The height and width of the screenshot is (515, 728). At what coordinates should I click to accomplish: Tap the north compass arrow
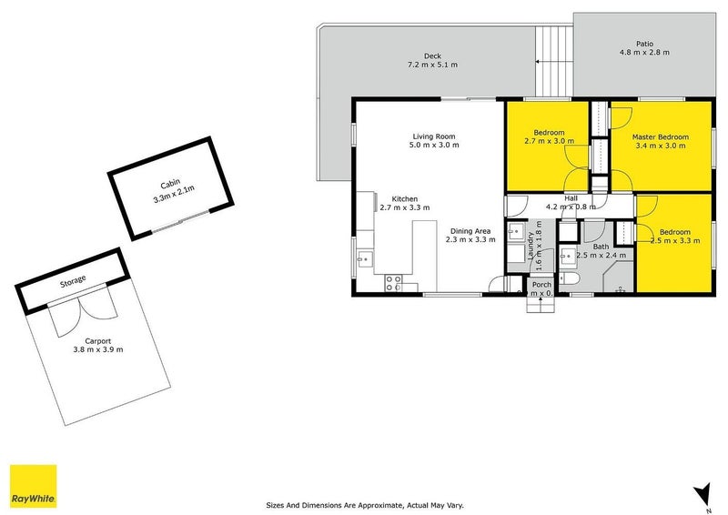[x=701, y=494]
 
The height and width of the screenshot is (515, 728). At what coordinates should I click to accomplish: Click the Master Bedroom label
[x=660, y=137]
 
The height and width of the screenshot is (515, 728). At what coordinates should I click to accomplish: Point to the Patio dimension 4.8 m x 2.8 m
[x=644, y=53]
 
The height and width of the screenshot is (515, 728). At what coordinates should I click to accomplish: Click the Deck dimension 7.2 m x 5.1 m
[x=433, y=65]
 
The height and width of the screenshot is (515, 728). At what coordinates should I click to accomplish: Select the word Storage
[x=73, y=280]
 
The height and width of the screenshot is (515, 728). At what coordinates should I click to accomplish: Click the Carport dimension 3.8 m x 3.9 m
[x=98, y=349]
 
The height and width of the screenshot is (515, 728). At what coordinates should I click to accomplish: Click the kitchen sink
[x=364, y=261]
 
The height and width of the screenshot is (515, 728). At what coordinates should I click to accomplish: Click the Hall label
[x=571, y=197]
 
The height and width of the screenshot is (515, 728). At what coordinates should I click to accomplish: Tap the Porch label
[x=541, y=285]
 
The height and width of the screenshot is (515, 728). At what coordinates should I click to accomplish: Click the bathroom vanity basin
[x=567, y=254]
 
